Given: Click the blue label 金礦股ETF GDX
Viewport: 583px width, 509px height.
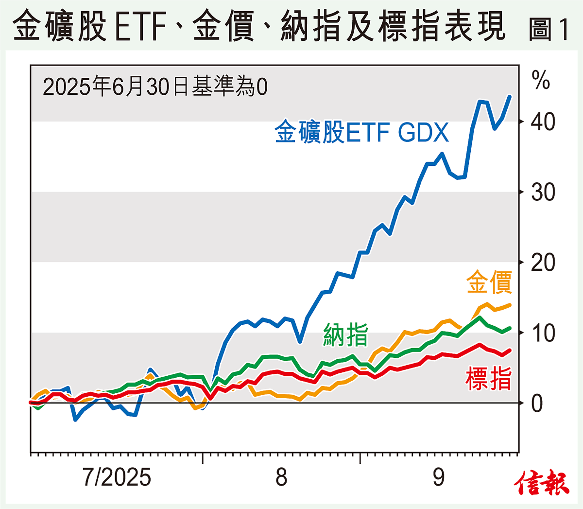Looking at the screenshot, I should click(x=361, y=132).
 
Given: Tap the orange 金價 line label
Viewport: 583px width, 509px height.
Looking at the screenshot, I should click(x=489, y=282).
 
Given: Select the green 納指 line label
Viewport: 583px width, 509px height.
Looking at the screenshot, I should click(x=345, y=335).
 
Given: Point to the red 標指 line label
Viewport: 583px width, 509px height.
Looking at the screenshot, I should click(x=489, y=379).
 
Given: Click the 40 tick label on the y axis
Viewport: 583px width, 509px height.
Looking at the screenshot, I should click(x=543, y=122).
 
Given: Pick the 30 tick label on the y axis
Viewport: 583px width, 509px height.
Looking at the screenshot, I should click(x=543, y=193).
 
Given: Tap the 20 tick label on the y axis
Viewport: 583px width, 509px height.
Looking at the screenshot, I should click(x=543, y=263).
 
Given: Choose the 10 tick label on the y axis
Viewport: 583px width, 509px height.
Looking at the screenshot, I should click(x=543, y=333).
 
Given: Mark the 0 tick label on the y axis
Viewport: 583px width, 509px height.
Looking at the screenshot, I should click(x=537, y=404).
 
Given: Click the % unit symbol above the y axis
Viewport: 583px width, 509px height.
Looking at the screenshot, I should click(x=541, y=80).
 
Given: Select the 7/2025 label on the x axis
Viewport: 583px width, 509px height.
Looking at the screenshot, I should click(x=117, y=477).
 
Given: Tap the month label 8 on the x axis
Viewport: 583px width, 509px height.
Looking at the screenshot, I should click(x=281, y=477).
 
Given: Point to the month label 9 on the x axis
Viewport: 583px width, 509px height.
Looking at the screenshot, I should click(x=439, y=477).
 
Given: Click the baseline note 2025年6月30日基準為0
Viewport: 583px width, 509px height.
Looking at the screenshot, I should click(x=155, y=87).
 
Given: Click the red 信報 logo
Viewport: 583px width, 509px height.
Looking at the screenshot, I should click(x=542, y=483).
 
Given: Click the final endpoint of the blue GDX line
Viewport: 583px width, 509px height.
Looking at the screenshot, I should click(x=510, y=96).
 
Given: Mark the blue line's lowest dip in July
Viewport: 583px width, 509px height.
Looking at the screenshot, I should click(x=76, y=420).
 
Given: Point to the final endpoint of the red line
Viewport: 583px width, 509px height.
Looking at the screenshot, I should click(x=510, y=350).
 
